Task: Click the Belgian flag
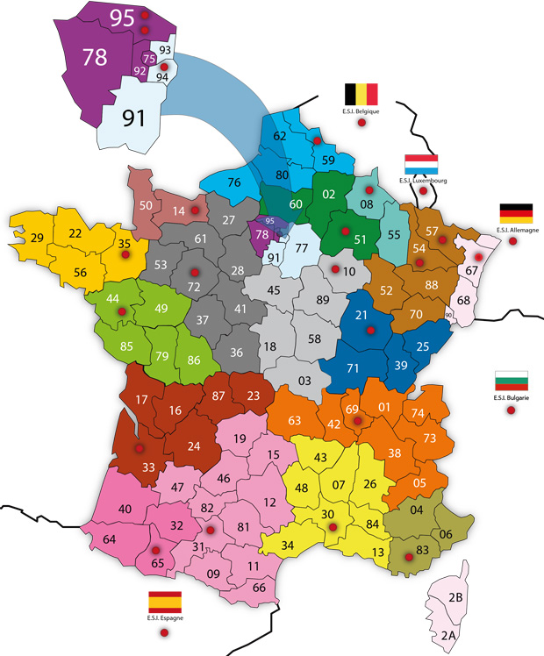point(361,94)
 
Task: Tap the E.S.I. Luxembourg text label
point(421,180)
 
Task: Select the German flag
point(516,213)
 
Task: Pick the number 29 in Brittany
point(37,238)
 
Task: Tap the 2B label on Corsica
point(456,598)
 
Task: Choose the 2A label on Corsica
point(449,635)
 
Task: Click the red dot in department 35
point(125,253)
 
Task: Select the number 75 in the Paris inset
point(149,58)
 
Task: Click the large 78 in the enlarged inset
point(95,58)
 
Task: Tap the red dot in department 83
point(409,556)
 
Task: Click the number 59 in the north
point(328,160)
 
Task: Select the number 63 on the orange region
point(295,420)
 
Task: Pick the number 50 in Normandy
point(147,206)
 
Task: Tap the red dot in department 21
point(371,331)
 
